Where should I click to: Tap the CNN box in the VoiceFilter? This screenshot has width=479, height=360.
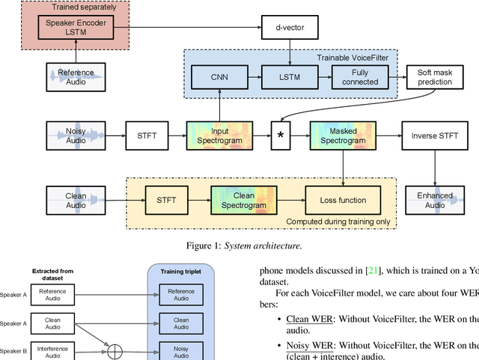pyautogui.click(x=219, y=76)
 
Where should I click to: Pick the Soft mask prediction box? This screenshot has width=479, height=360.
pyautogui.click(x=435, y=76)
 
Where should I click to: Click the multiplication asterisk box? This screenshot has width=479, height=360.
pyautogui.click(x=280, y=135)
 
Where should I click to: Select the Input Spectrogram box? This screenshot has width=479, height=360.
pyautogui.click(x=219, y=135)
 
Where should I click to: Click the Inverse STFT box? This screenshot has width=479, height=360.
pyautogui.click(x=435, y=135)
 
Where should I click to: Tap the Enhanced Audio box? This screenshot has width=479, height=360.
pyautogui.click(x=435, y=200)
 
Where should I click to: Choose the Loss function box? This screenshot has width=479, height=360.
pyautogui.click(x=343, y=200)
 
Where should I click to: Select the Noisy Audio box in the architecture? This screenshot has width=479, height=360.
pyautogui.click(x=76, y=135)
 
